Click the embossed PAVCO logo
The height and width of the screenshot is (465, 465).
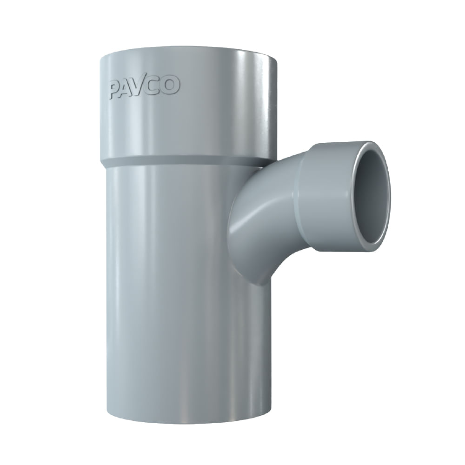click(144, 87)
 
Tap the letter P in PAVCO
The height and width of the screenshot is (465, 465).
click(114, 90)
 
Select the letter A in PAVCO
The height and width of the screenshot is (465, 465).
click(127, 88)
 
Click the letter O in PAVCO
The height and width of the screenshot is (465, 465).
click(171, 86)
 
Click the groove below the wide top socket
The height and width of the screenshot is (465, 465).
click(181, 162)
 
